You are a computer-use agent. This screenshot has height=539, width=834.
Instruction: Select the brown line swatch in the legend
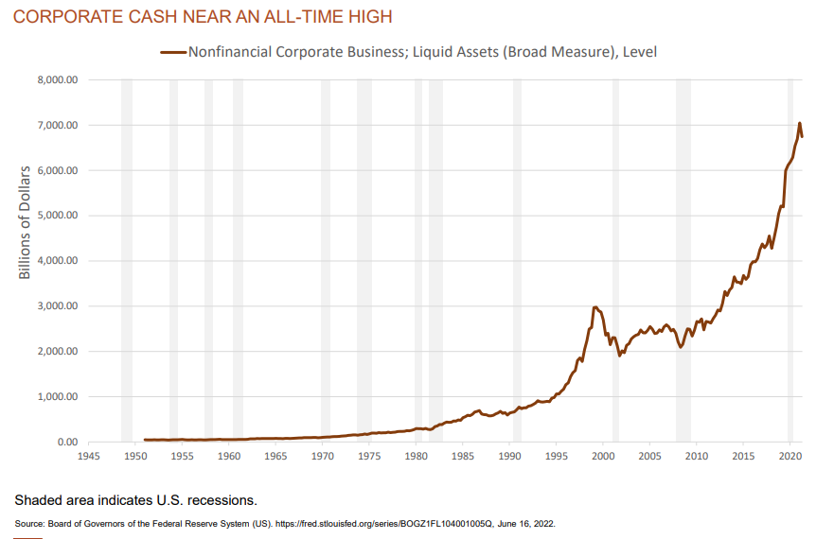[x=173, y=53]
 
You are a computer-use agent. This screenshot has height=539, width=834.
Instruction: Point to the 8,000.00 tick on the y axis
[x=56, y=80]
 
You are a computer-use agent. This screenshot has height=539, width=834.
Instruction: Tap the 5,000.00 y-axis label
[x=56, y=216]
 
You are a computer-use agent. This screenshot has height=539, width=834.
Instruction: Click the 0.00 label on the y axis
[x=67, y=442]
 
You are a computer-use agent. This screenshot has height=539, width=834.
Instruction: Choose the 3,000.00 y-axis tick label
[x=56, y=306]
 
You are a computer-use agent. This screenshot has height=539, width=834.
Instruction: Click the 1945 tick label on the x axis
[x=89, y=456]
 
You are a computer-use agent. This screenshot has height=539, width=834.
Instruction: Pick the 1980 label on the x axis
[x=417, y=456]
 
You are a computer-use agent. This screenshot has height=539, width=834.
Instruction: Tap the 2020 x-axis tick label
[x=790, y=456]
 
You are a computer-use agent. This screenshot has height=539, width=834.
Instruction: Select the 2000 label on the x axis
[x=604, y=456]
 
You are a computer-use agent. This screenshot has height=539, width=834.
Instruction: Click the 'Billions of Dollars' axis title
[x=26, y=222]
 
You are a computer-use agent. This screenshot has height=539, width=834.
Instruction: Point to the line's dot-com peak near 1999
[x=594, y=307]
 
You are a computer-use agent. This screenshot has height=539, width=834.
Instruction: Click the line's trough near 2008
[x=681, y=347]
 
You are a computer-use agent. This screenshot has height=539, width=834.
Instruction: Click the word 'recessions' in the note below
[x=222, y=498]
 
